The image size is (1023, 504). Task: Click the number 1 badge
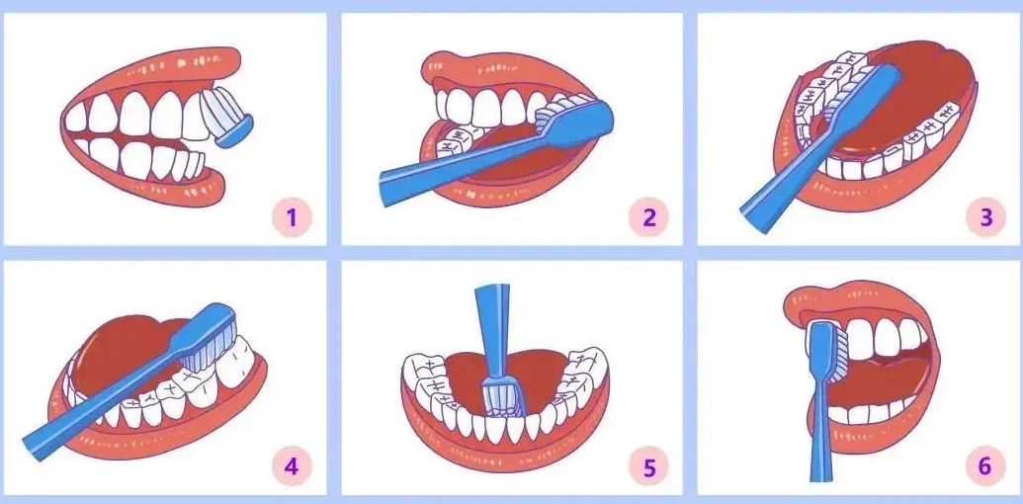pos(292,217)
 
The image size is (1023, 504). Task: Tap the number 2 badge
pos(648,217)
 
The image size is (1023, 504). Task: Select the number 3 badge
pos(985,217)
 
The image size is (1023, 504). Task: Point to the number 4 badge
pos(292,466)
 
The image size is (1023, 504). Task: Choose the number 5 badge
pos(648,466)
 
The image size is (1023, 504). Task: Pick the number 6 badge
pos(985,466)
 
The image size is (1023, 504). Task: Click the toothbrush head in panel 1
pos(227,120)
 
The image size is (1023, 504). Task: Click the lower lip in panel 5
pos(506,449)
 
